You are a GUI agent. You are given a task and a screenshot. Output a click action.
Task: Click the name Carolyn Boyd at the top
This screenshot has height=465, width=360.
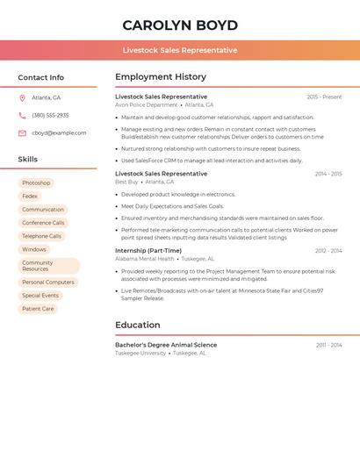tap(180, 25)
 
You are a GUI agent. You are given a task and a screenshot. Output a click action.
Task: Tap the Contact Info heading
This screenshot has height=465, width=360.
tap(41, 77)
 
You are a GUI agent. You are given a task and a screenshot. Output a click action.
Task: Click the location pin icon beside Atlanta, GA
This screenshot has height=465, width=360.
tap(22, 97)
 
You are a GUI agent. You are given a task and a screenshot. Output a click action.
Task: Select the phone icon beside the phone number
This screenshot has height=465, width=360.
tap(22, 115)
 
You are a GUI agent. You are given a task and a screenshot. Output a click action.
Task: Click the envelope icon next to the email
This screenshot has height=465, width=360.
tap(22, 133)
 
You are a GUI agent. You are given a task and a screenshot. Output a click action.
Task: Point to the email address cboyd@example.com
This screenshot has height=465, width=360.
tap(59, 133)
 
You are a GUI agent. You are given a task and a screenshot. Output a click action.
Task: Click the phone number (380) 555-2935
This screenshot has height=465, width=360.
tap(50, 115)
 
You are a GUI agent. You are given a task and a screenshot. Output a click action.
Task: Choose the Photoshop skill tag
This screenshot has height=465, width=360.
tap(36, 183)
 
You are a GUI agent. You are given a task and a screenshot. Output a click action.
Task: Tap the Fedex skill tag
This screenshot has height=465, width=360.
tap(30, 197)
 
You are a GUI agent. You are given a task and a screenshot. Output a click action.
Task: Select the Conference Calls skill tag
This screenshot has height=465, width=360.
tap(43, 223)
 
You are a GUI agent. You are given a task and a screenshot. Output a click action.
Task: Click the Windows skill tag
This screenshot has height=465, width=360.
tap(34, 249)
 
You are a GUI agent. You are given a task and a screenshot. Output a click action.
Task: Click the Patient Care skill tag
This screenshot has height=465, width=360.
tap(38, 309)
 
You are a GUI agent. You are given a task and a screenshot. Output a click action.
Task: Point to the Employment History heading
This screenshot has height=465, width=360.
tap(161, 77)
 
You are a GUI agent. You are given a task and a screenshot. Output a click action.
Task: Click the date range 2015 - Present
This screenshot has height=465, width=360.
tap(324, 97)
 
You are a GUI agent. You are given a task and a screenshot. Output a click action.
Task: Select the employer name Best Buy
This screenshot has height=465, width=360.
tap(126, 182)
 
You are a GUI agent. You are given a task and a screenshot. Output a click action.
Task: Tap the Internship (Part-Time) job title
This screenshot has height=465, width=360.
tap(148, 251)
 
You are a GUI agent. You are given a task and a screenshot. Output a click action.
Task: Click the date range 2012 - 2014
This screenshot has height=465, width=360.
tap(328, 251)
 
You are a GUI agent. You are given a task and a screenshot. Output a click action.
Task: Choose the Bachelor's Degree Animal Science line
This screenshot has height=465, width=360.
tap(166, 345)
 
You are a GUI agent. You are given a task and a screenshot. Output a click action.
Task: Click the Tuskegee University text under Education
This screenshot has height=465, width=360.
tap(140, 353)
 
